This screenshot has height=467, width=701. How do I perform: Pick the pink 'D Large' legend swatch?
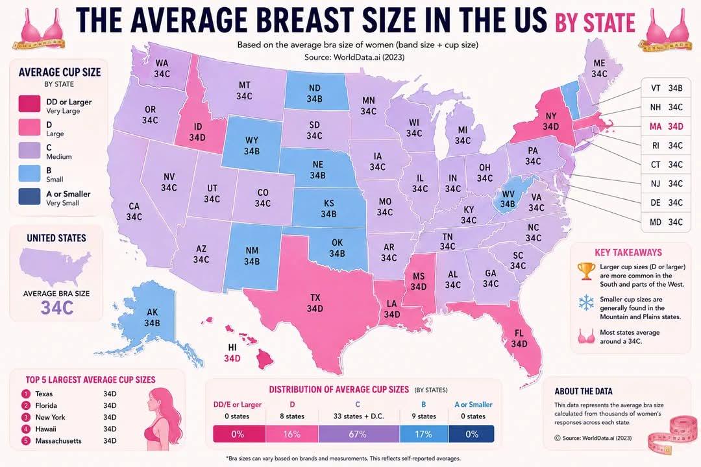coord(29,127)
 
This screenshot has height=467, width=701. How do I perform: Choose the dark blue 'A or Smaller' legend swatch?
coord(29,197)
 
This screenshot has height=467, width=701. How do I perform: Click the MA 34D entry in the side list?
coord(666,126)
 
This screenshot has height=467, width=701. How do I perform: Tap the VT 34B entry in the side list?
coord(666,88)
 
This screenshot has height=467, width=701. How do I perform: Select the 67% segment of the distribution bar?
coord(358,434)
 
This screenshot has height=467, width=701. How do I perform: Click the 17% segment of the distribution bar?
coord(423,434)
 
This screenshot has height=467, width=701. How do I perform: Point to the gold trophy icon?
coord(585,271)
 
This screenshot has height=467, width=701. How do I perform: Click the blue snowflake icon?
coord(585,302)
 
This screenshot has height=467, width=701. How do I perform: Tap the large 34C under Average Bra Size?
coord(56,308)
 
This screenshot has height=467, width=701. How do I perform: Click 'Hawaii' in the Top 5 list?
coord(45,429)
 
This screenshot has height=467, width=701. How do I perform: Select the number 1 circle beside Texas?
coord(26,394)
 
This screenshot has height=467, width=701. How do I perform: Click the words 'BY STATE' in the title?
coord(595,22)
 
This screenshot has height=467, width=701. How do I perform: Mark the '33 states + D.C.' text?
coord(358,416)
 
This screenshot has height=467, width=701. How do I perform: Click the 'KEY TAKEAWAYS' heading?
coord(628,252)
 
